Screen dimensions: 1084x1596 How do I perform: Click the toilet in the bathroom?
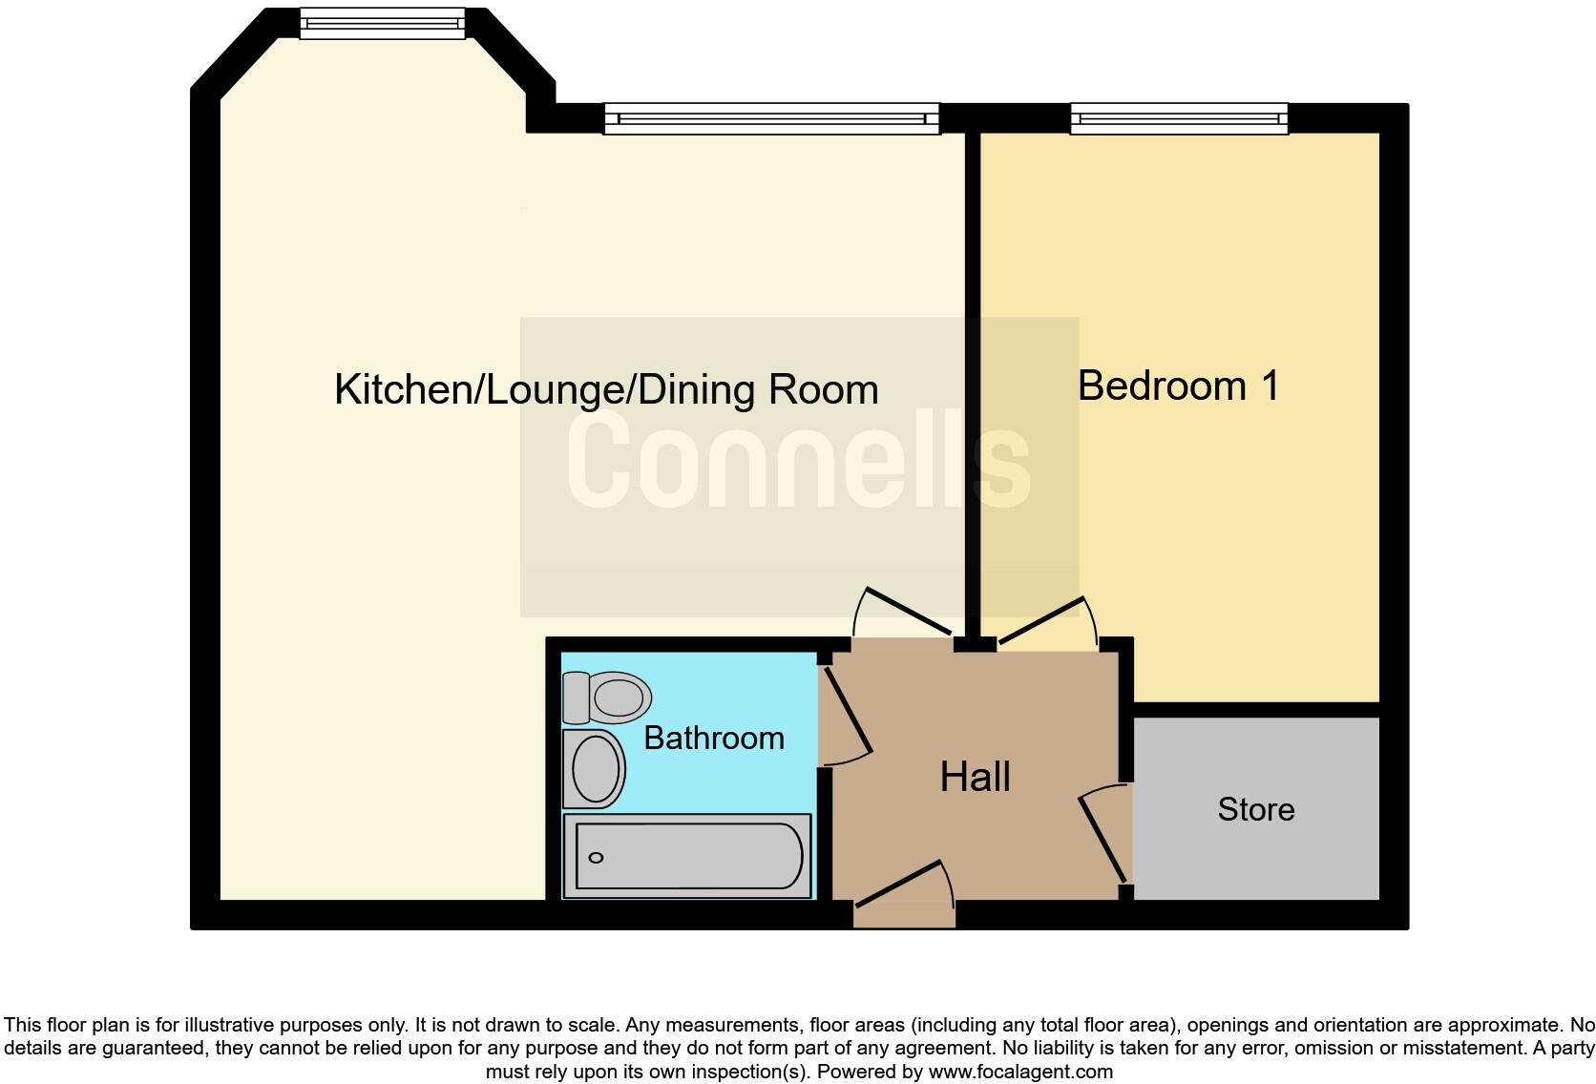(607, 697)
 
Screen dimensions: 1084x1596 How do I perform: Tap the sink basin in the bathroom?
(594, 769)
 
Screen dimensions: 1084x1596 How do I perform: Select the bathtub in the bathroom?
(687, 856)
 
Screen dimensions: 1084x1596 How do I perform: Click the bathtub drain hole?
(597, 858)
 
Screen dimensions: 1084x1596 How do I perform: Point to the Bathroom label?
(714, 738)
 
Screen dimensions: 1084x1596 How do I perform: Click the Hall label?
(975, 777)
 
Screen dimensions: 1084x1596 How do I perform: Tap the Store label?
(1256, 809)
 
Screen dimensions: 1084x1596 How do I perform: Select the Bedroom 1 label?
(1178, 386)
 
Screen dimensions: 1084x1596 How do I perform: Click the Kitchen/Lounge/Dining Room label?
(606, 390)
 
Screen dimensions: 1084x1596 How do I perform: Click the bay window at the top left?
(382, 23)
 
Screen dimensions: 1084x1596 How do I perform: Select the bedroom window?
(1179, 118)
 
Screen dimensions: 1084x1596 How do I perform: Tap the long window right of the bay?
(771, 118)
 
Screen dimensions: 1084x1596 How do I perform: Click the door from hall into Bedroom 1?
(1044, 624)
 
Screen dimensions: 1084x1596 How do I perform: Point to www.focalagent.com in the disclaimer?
(1020, 1072)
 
